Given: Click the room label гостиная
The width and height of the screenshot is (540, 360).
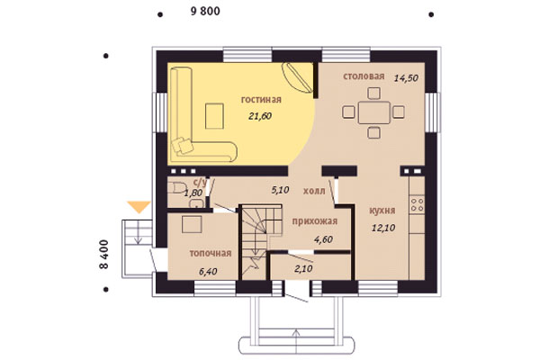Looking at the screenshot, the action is (x=261, y=100).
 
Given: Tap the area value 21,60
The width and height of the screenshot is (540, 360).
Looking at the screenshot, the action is (x=260, y=116).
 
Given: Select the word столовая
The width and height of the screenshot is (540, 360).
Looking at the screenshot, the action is (x=364, y=76).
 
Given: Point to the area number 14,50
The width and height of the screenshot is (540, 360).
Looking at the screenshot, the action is (x=406, y=78).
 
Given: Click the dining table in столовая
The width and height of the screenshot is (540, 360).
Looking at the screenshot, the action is (x=374, y=112).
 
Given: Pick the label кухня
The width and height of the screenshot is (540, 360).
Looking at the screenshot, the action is (x=382, y=211).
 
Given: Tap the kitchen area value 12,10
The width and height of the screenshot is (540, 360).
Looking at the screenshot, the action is (x=383, y=228).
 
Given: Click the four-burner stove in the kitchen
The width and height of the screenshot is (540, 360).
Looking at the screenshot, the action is (x=417, y=204).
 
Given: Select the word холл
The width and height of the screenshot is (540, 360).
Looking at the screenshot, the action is (x=314, y=191).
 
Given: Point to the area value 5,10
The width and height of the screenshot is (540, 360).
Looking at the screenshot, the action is (x=280, y=190).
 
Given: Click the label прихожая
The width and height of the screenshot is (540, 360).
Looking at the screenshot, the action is (x=314, y=221).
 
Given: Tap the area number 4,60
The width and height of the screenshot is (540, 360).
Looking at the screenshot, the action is (x=323, y=239).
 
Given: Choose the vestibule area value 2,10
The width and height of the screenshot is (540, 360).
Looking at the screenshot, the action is (x=303, y=268).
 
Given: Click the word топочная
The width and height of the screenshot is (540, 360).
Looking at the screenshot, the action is (x=211, y=254).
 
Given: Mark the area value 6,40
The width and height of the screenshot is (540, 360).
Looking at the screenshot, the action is (x=208, y=272).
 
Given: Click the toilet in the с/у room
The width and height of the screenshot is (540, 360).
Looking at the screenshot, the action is (x=176, y=188).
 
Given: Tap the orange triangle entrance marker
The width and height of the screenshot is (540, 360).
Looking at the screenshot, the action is (x=139, y=207).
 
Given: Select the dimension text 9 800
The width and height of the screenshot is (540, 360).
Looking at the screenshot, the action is (x=205, y=12).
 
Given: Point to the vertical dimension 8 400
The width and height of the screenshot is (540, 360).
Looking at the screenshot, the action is (x=103, y=255).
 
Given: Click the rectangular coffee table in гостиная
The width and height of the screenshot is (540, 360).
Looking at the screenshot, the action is (x=214, y=116).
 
